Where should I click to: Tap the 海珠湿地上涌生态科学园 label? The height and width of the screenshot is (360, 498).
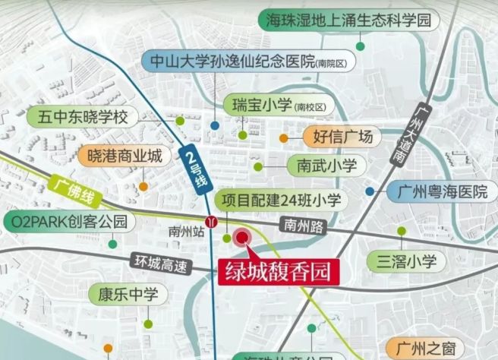345,20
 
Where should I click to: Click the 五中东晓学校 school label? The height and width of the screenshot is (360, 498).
83,118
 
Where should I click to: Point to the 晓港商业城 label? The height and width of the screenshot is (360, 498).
121,156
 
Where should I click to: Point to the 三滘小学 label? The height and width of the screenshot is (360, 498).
406,262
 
